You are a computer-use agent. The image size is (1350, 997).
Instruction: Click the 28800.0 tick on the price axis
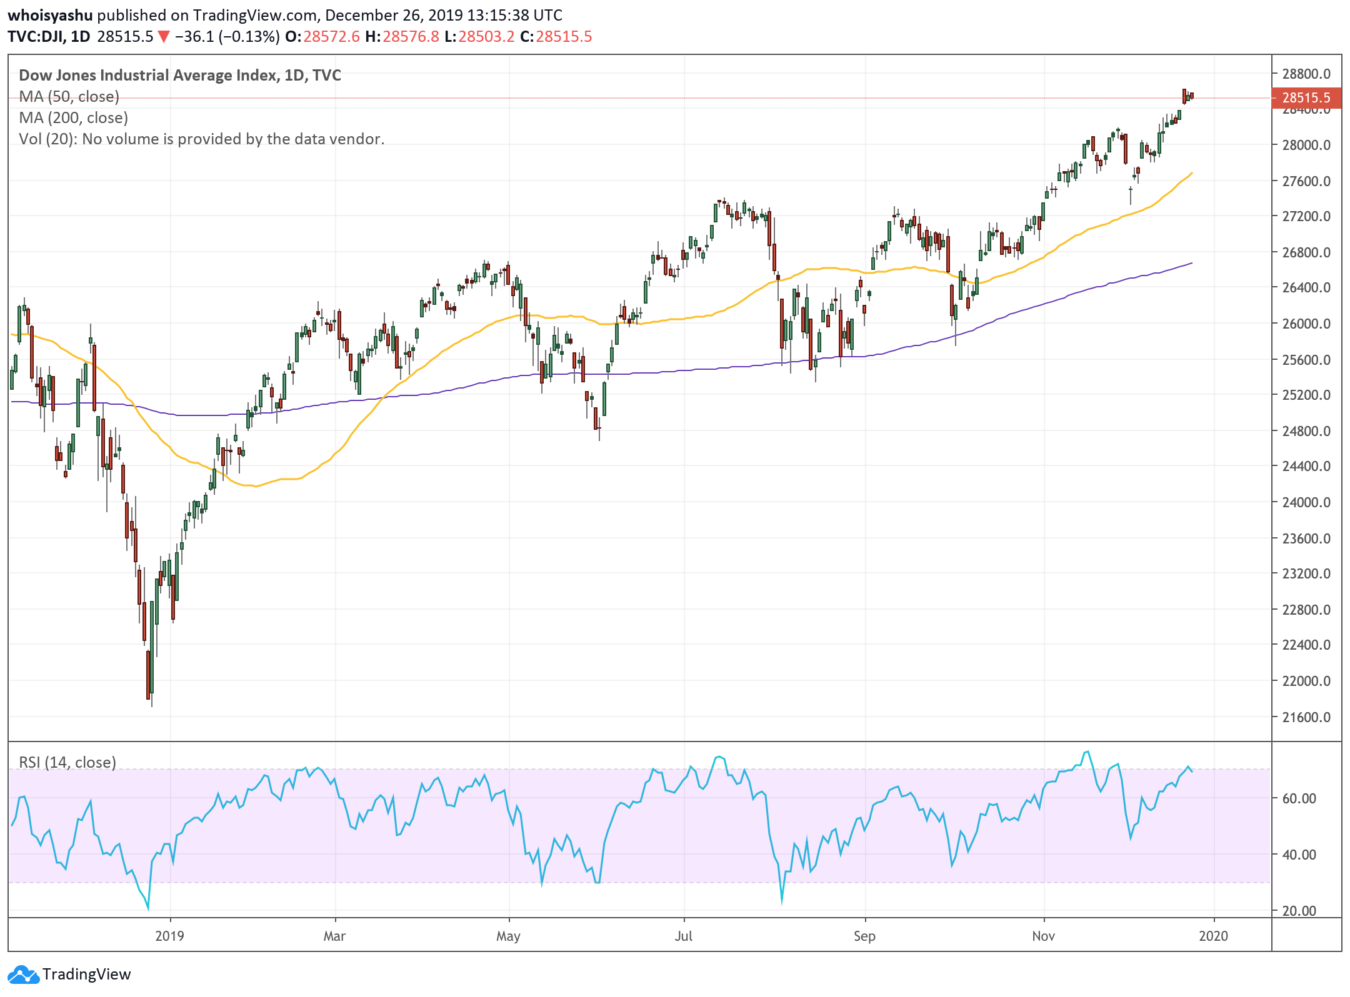coord(1306,74)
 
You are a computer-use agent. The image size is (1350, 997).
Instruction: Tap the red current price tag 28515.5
coord(1306,97)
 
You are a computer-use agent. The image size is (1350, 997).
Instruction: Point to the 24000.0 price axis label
coord(1306,502)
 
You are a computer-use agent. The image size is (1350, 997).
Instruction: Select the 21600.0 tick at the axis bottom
coord(1306,717)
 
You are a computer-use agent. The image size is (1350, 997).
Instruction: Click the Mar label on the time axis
coord(334,936)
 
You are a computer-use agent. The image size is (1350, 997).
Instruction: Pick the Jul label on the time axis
coord(683,936)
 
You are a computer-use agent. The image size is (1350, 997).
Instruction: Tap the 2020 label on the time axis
coord(1213,936)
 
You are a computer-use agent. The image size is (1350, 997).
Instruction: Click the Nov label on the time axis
coord(1043,936)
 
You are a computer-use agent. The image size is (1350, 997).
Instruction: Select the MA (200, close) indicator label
coord(74,117)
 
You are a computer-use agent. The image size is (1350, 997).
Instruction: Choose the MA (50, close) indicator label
coord(69,96)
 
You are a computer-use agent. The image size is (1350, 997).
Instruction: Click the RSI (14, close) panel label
coord(67,762)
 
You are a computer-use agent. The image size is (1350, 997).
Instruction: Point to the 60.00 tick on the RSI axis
coord(1299,798)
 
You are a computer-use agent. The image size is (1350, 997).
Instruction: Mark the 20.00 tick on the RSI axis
coord(1299,911)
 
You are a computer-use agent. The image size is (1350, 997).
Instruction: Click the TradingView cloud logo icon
coord(24,975)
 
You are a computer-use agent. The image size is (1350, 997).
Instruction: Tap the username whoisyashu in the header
coord(50,15)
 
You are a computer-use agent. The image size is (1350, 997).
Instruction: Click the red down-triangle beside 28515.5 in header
coord(164,37)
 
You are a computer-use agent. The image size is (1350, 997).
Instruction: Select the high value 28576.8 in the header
coord(411,37)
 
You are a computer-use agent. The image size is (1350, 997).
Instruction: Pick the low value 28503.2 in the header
coord(486,37)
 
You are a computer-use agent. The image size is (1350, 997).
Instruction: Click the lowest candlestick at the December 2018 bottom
coord(149,675)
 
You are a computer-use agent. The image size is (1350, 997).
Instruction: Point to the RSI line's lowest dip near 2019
coord(148,908)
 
